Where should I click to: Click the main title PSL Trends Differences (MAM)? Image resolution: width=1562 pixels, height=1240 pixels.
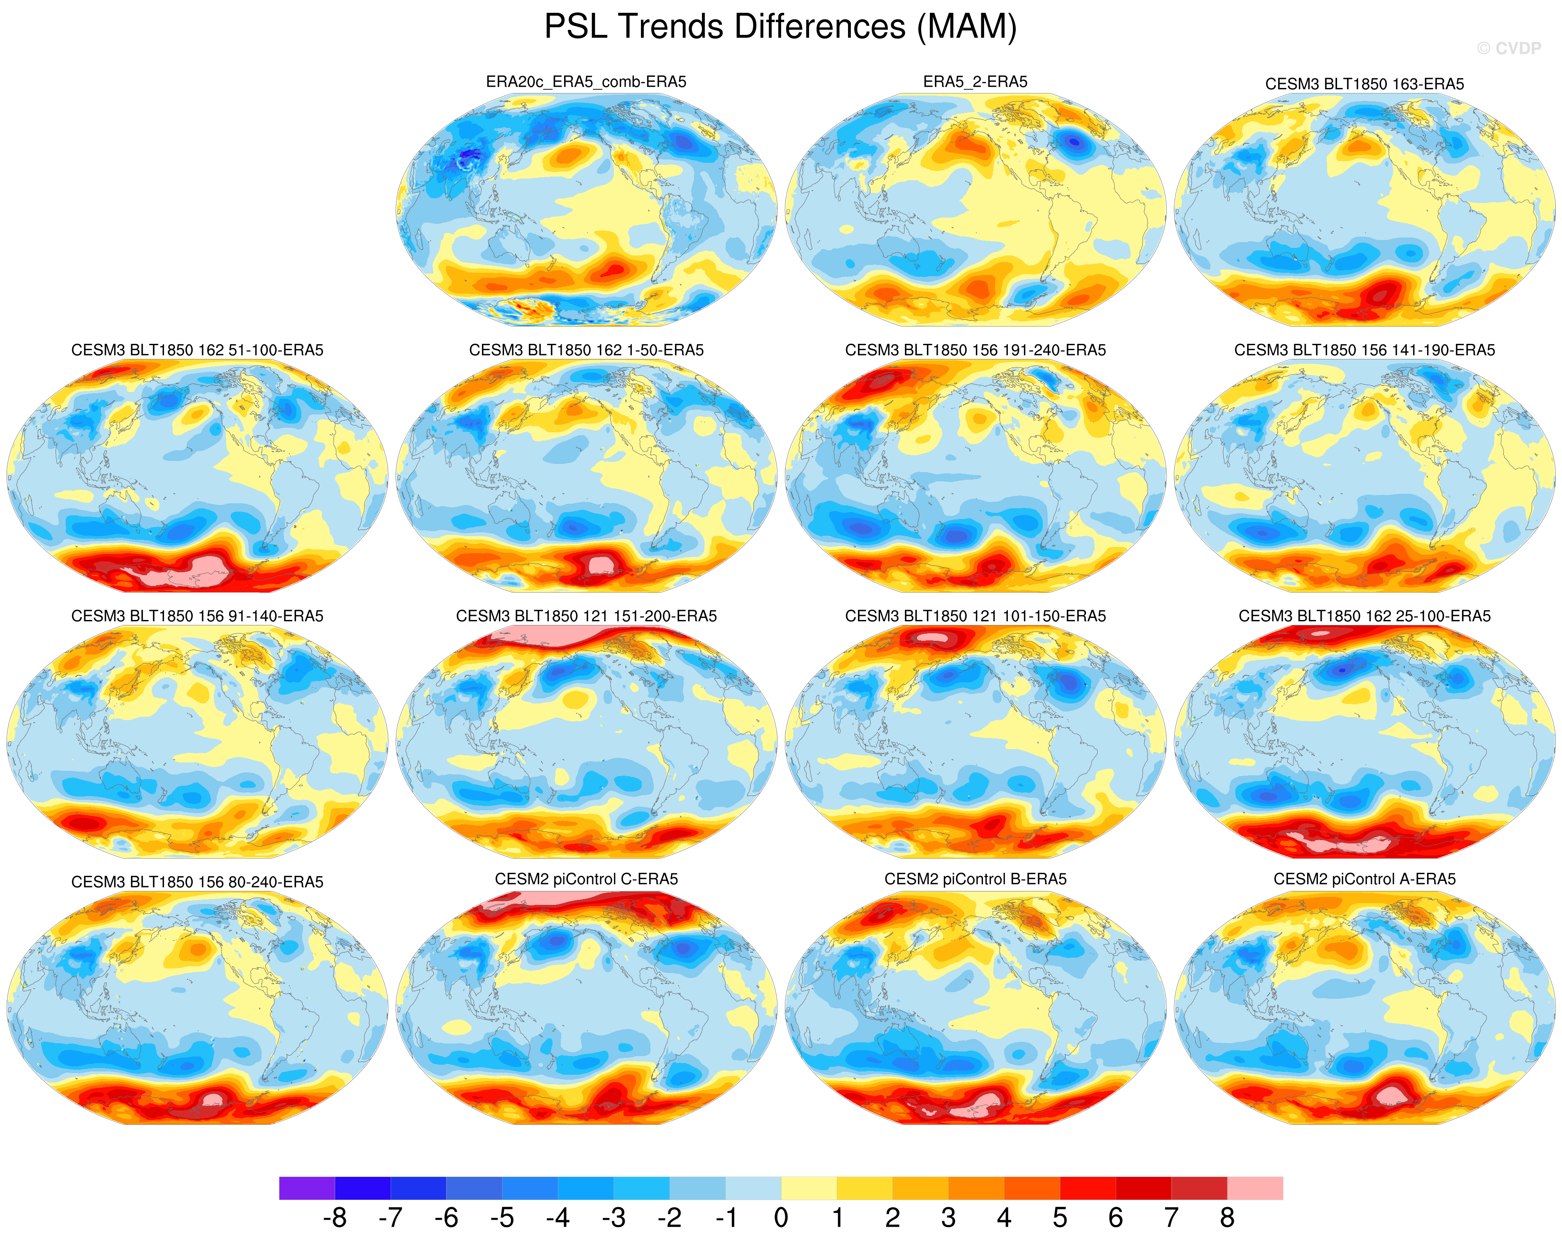780,27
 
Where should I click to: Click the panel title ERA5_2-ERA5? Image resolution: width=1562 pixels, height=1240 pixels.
975,82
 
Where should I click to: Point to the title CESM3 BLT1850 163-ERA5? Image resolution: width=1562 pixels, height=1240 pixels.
1364,84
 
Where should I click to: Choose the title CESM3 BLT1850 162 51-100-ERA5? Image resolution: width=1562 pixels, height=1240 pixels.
197,350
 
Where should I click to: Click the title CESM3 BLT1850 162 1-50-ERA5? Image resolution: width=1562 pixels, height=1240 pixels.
586,350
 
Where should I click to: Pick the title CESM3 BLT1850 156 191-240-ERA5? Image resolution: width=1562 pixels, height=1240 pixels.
975,350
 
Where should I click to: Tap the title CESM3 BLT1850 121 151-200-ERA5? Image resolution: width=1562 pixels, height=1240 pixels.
586,616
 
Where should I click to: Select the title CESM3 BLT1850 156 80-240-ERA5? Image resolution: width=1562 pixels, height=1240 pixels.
197,882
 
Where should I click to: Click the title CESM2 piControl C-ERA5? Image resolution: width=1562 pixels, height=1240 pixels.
586,879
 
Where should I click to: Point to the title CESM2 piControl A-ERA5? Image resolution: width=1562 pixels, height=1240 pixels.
1364,879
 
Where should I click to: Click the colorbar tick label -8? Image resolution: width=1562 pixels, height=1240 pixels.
335,1218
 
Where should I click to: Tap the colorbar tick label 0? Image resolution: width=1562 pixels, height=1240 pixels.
781,1218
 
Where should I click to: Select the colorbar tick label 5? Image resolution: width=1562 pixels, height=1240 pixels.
1060,1218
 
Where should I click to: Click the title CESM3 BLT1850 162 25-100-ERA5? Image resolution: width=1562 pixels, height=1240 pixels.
1364,616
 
